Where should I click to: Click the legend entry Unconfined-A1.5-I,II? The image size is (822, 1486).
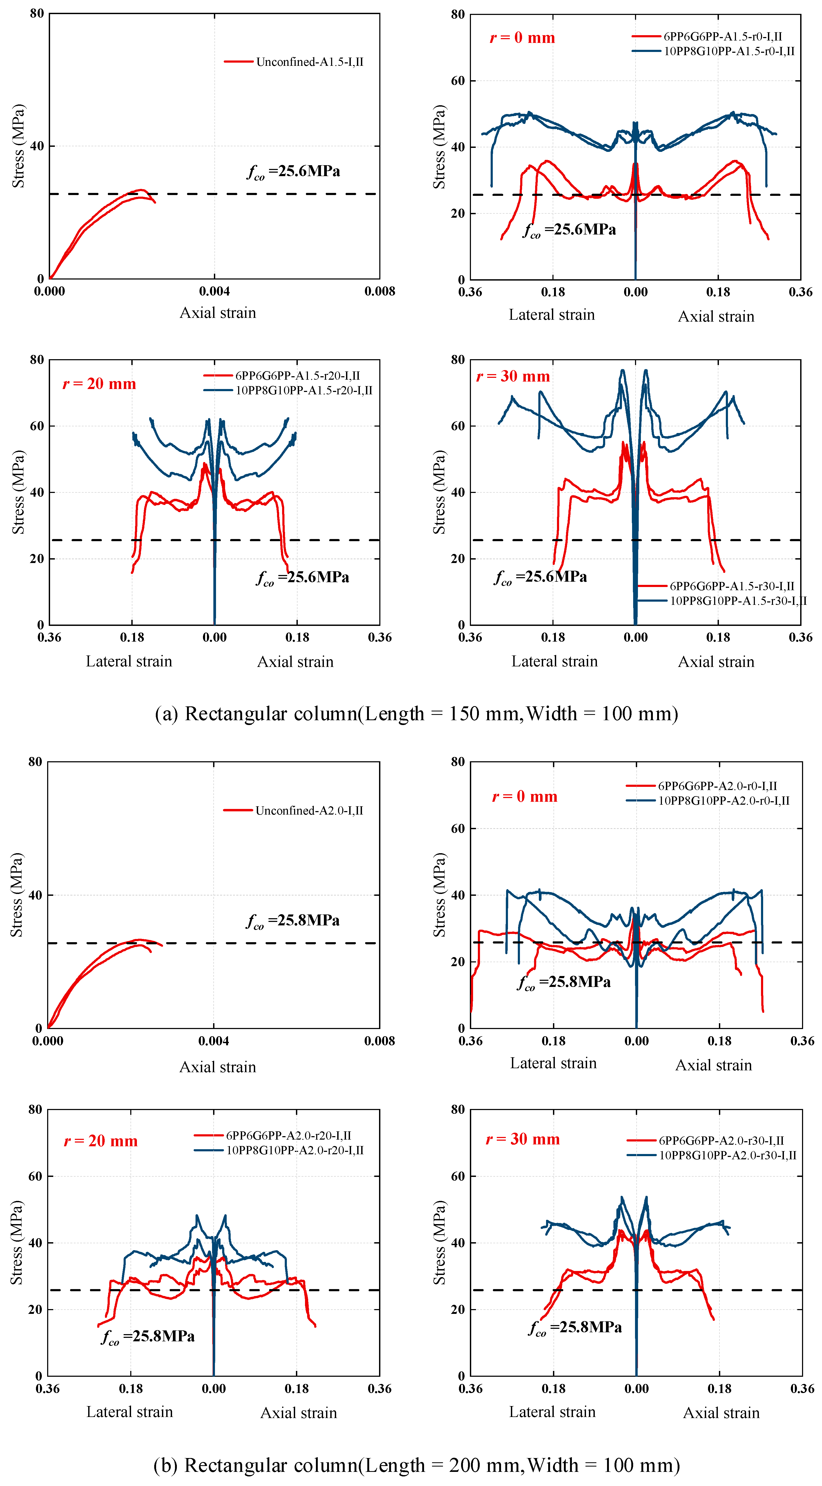tap(294, 62)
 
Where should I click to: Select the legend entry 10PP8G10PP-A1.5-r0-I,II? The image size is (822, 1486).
tap(714, 51)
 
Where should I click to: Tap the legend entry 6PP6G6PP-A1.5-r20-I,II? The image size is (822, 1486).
tap(282, 375)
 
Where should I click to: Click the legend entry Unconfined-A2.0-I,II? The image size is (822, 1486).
tap(294, 811)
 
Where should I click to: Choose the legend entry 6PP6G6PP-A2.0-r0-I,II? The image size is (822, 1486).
tap(702, 786)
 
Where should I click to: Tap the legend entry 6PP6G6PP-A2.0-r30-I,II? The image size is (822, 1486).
tap(706, 1140)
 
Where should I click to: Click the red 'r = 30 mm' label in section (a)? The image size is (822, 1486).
tap(513, 377)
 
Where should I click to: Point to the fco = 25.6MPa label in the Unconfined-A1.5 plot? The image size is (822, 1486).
tap(294, 172)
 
